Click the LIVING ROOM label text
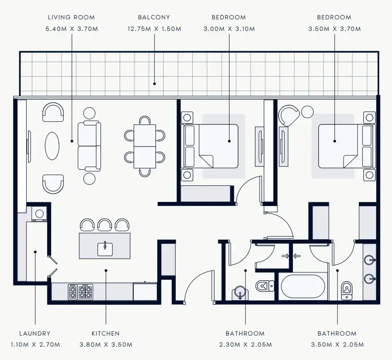pos(71,18)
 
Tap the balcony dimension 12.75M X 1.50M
pos(154,29)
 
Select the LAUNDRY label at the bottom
pos(35,333)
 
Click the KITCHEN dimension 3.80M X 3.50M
pos(106,345)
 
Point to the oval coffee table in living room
pos(52,146)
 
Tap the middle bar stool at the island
pos(105,225)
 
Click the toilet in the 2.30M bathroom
pos(263,286)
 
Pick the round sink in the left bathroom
pos(239,292)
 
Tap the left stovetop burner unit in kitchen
pos(73,291)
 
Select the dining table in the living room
pos(145,146)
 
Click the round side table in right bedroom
pos(307,111)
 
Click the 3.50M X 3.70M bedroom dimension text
pos(334,29)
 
